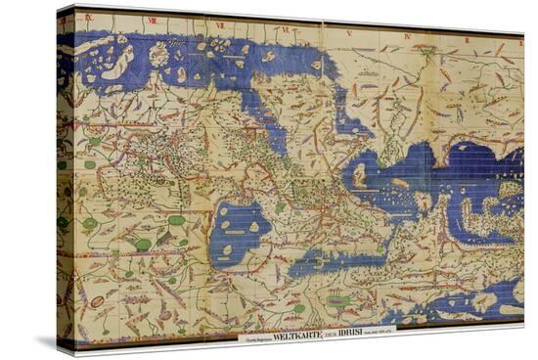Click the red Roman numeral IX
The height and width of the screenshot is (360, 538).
coord(88,18)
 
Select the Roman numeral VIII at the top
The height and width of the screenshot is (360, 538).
coord(152,20)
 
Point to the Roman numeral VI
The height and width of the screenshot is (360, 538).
coord(284,29)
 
